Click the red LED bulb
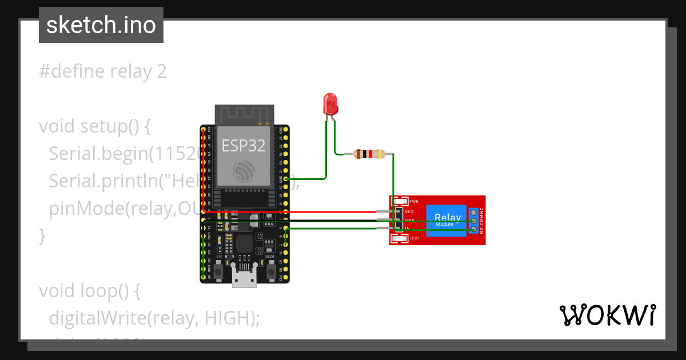[x=330, y=103]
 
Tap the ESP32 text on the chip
[x=244, y=146]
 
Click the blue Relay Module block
[x=447, y=219]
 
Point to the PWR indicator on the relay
[x=400, y=202]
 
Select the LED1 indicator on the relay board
[x=400, y=238]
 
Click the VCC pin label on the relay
[x=409, y=212]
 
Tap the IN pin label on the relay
[x=407, y=228]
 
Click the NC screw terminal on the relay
[x=473, y=212]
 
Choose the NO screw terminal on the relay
[x=473, y=230]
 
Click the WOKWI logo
[x=607, y=315]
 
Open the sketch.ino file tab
[x=101, y=25]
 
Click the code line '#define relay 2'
[x=103, y=71]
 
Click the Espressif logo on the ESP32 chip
[x=244, y=171]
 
